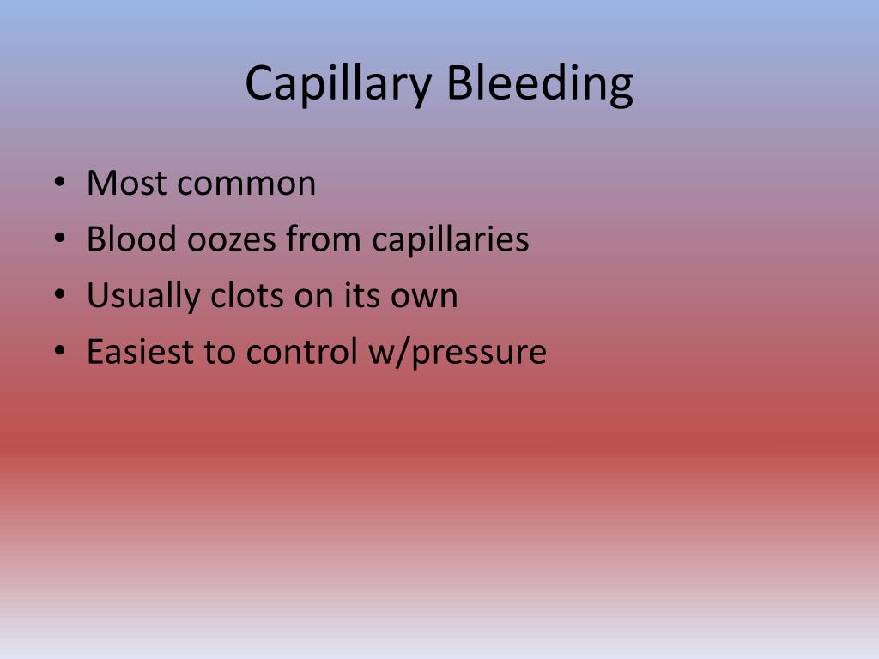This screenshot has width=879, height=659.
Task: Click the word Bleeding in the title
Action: click(541, 84)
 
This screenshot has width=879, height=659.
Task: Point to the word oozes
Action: click(229, 239)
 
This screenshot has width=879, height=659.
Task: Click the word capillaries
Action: click(451, 239)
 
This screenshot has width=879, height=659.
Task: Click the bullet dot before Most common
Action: click(58, 184)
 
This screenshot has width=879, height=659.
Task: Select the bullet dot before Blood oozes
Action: click(58, 239)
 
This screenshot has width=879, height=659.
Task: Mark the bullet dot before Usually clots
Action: click(58, 296)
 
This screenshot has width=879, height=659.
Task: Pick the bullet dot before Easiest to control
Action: click(58, 353)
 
